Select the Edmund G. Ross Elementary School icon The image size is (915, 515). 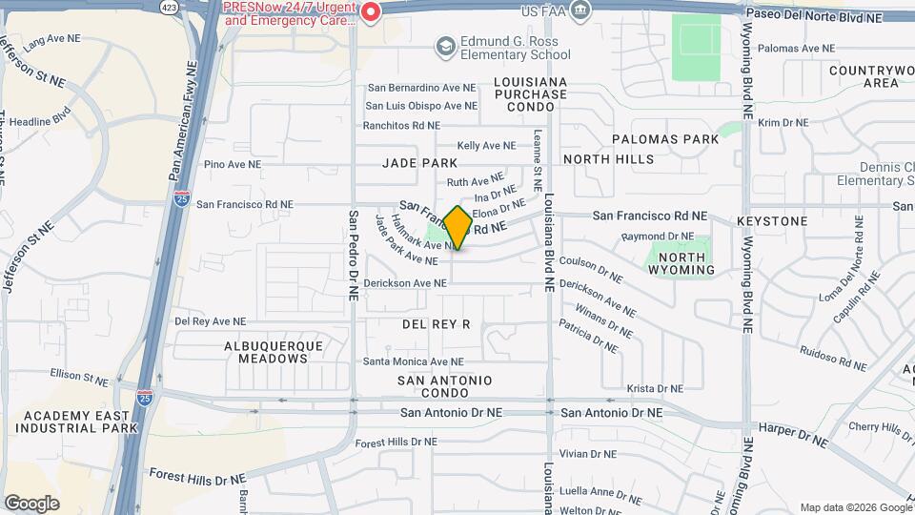click(444, 46)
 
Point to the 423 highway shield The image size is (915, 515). click(168, 6)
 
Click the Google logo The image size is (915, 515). click(31, 503)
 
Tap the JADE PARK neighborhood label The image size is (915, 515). click(420, 163)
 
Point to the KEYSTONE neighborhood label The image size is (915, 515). click(772, 221)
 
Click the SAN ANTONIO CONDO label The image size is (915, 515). click(445, 387)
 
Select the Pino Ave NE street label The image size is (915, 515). click(233, 164)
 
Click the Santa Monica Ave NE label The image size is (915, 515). click(413, 361)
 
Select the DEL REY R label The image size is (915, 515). click(437, 324)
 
